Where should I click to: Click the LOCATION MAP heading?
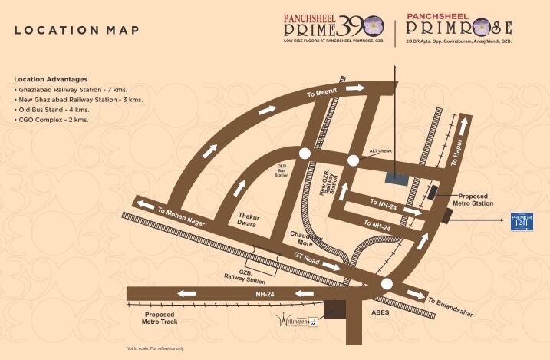click(77, 30)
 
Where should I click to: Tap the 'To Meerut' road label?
click(321, 94)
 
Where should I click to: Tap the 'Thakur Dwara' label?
click(249, 221)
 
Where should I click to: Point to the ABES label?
click(380, 313)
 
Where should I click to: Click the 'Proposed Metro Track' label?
click(160, 319)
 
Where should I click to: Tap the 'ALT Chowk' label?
click(380, 151)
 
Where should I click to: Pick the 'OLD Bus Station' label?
click(282, 170)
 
